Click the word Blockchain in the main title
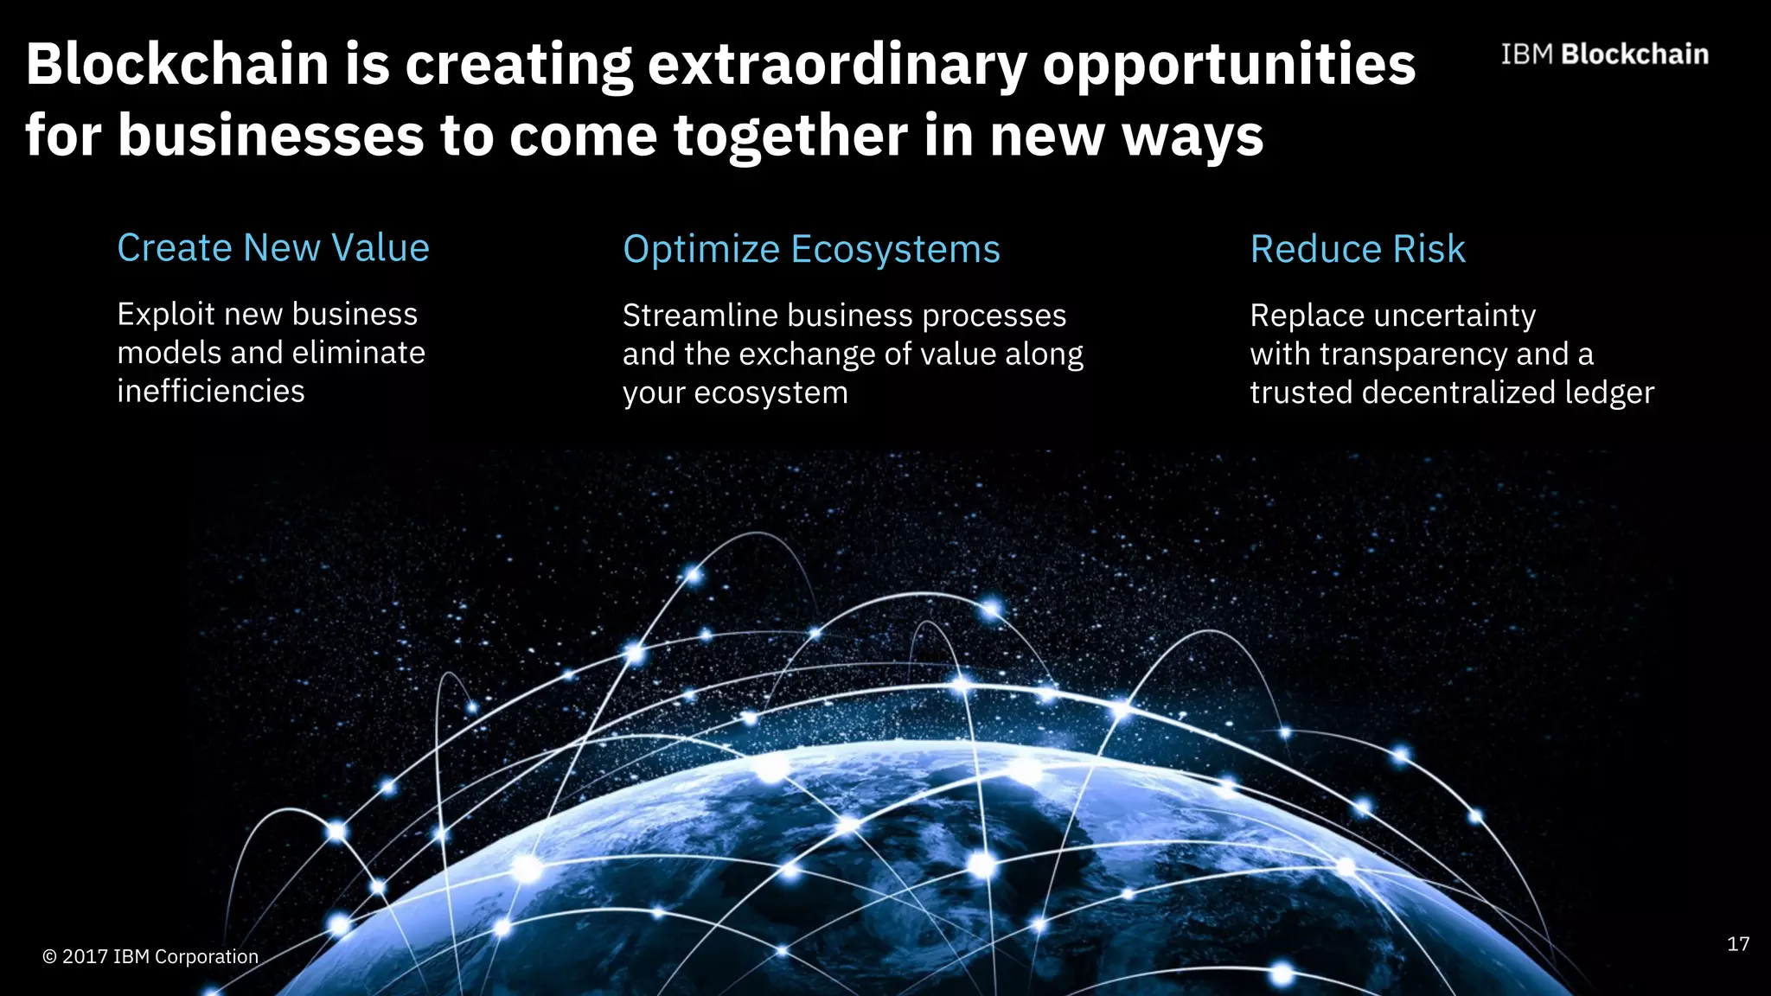pyautogui.click(x=177, y=64)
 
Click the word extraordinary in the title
pyautogui.click(x=837, y=66)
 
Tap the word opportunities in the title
pyautogui.click(x=1229, y=66)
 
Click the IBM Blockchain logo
pyautogui.click(x=1604, y=54)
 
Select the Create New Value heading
pyautogui.click(x=273, y=248)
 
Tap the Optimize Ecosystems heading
pyautogui.click(x=811, y=250)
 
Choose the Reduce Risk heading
pyautogui.click(x=1358, y=250)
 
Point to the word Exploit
pyautogui.click(x=165, y=314)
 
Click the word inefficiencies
pyautogui.click(x=211, y=392)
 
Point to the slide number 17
pyautogui.click(x=1738, y=944)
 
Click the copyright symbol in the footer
pyautogui.click(x=49, y=957)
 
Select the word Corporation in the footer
pyautogui.click(x=207, y=957)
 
